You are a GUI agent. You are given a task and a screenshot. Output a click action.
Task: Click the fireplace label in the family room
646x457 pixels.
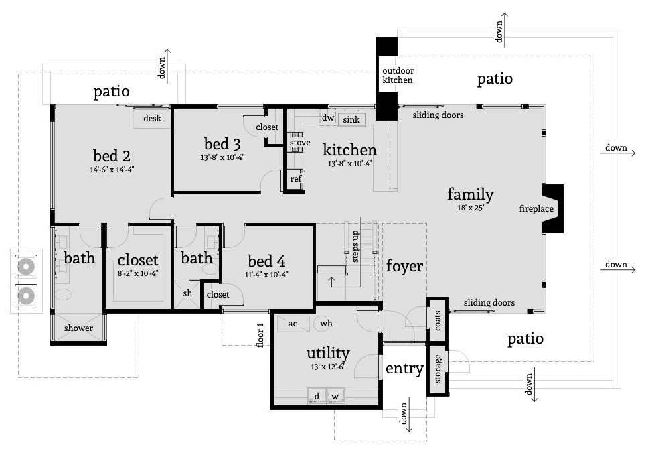pos(536,209)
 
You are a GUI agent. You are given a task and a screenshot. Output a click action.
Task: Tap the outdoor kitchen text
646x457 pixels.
pos(398,76)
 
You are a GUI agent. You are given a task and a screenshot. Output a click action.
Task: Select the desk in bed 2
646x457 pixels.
pos(152,119)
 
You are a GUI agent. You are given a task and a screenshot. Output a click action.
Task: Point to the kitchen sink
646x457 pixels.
pos(351,120)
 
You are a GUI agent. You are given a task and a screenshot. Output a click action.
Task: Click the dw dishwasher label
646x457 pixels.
pos(328,119)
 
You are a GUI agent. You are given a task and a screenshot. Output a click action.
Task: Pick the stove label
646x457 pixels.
pos(299,143)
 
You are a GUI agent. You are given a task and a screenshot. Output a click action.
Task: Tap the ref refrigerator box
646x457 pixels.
pos(295,179)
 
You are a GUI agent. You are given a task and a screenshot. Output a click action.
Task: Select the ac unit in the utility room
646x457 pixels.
pos(293,323)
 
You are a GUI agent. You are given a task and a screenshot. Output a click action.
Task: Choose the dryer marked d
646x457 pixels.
pos(317,396)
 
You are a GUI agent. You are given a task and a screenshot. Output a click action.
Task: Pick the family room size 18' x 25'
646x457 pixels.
pos(470,208)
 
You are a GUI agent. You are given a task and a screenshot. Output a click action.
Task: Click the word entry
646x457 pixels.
pos(404,369)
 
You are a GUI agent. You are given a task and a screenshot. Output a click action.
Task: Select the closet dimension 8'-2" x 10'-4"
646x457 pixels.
pos(137,274)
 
